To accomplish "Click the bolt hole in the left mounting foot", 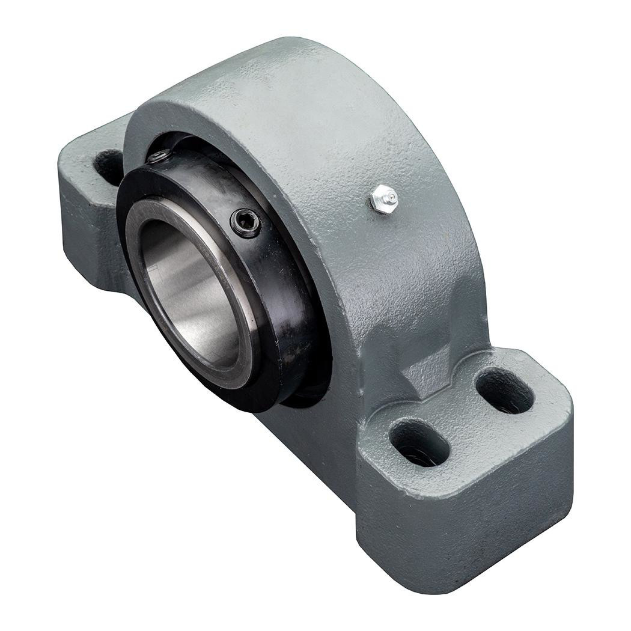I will (x=109, y=166).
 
